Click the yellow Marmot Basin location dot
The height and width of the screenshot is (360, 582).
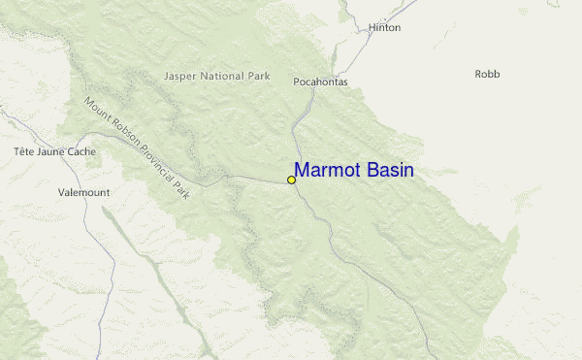291,180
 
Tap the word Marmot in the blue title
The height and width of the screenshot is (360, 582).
330,171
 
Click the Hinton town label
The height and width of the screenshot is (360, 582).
384,28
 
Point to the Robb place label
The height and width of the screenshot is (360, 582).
487,74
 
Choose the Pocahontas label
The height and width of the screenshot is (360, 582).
320,82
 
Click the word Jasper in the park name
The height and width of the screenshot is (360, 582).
181,76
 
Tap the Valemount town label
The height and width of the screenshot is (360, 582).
84,193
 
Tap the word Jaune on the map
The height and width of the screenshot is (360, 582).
50,152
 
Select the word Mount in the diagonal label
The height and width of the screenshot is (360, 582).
96,111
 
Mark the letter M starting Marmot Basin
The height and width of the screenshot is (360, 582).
303,171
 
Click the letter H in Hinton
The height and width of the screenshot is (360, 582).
372,28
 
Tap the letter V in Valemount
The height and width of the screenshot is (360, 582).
62,193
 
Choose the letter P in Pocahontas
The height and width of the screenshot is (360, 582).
297,82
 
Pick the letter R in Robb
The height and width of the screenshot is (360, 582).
478,74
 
